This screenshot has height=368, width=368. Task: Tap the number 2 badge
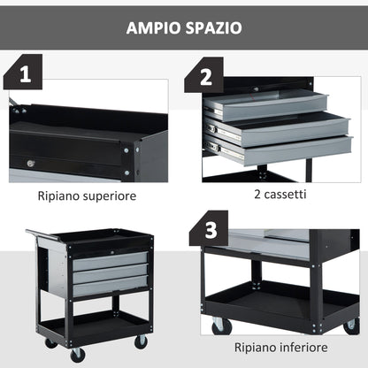[206, 76]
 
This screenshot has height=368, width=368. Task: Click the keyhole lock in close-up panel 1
[32, 164]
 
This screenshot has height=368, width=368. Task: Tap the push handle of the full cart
[35, 235]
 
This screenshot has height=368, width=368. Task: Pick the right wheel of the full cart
[140, 341]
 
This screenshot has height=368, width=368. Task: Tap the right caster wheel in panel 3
[351, 326]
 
